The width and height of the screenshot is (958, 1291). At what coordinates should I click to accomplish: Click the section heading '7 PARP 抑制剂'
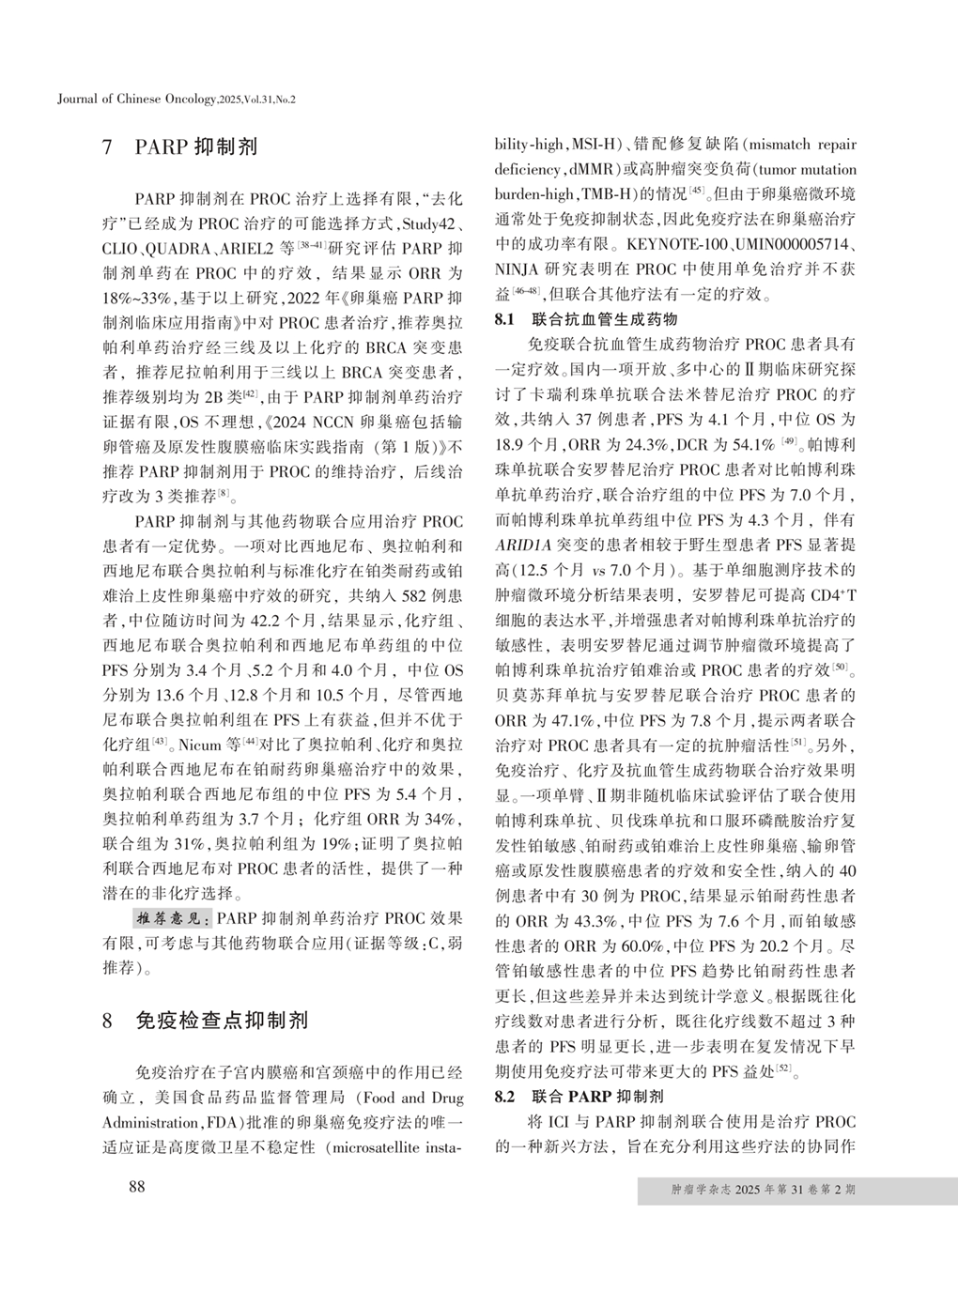pyautogui.click(x=178, y=147)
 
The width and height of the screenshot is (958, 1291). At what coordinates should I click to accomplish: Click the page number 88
pyautogui.click(x=137, y=1189)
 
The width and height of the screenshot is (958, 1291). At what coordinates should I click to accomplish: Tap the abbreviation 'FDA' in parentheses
pyautogui.click(x=214, y=1122)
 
